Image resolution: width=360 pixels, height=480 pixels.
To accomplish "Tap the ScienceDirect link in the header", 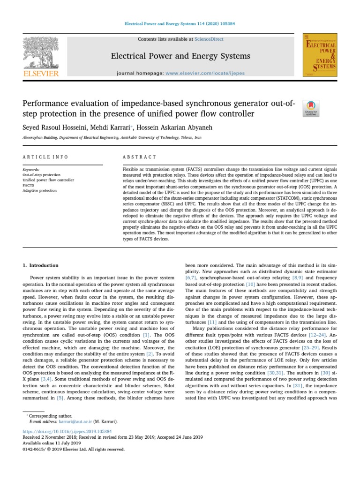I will (210, 39).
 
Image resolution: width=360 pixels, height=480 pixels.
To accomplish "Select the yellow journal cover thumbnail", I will (320, 55).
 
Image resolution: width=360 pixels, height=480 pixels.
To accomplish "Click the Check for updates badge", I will (311, 108).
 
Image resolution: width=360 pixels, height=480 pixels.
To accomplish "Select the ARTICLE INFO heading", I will (45, 157).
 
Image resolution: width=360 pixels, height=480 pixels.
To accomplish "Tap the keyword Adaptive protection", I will (39, 190).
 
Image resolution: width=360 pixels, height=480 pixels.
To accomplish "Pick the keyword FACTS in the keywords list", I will (28, 185).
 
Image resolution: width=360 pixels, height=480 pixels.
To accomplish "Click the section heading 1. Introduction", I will (41, 265).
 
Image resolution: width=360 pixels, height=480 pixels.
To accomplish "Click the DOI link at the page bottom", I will (67, 431).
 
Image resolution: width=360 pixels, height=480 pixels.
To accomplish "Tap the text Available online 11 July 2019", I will (52, 442).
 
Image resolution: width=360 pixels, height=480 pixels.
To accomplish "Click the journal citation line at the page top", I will (180, 23).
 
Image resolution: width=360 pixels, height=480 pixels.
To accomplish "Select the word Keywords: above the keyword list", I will (31, 169).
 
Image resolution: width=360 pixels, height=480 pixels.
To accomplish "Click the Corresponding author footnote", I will (49, 416).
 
